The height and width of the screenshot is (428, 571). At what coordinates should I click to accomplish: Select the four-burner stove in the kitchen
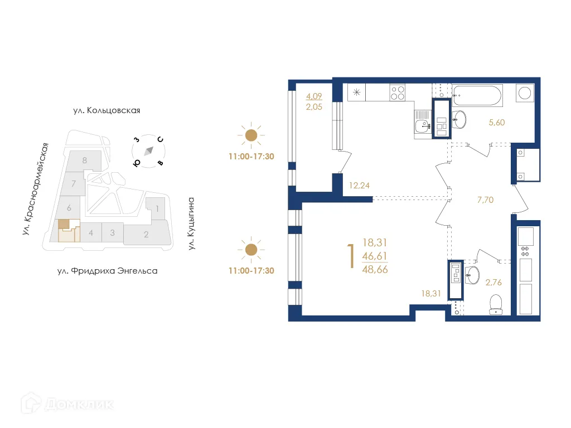[x=398, y=92]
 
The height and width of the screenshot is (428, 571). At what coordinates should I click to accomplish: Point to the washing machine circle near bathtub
[x=525, y=93]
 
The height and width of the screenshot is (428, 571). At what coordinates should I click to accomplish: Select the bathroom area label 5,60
[x=496, y=123]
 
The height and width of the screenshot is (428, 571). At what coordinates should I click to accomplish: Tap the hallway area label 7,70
[x=486, y=199]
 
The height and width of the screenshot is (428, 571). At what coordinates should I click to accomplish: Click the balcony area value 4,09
[x=313, y=96]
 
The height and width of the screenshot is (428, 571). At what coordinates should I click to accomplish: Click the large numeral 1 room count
[x=351, y=256]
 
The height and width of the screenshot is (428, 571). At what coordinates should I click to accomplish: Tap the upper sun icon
[x=251, y=135]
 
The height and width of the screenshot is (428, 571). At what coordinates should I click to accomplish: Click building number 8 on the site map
[x=84, y=160]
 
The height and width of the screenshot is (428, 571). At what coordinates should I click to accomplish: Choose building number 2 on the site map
[x=146, y=234]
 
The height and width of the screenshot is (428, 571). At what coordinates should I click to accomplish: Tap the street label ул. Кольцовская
[x=106, y=110]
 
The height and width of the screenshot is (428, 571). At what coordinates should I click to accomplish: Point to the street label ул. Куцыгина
[x=191, y=223]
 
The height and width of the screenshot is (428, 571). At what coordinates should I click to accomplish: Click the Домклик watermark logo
[x=67, y=403]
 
